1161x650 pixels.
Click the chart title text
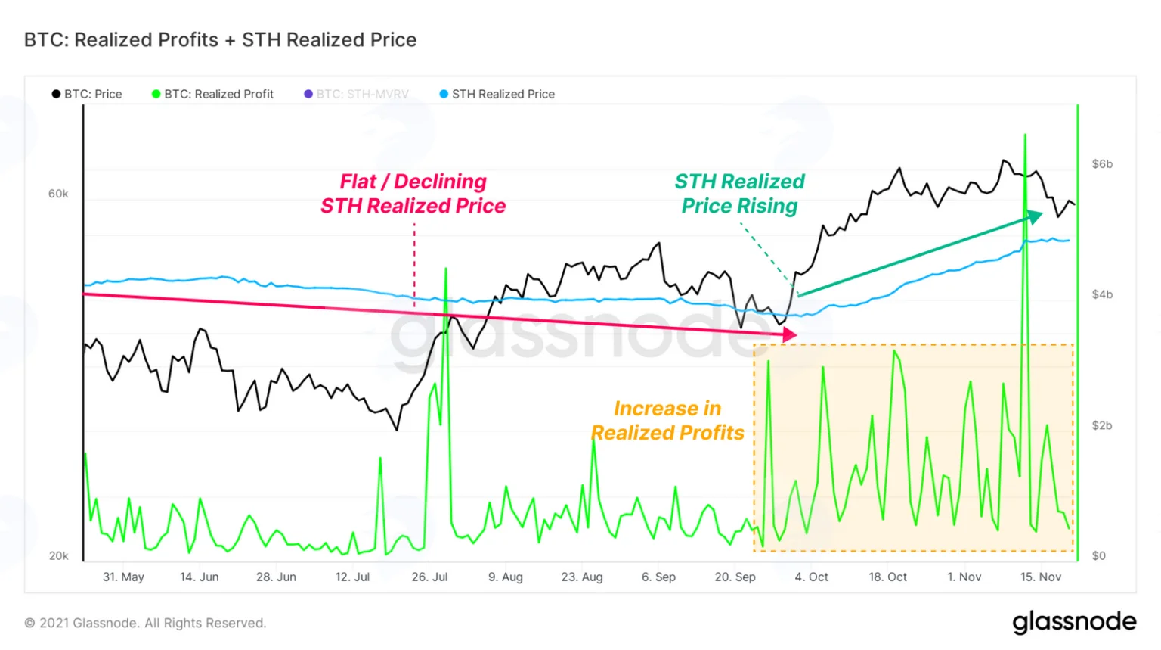pyautogui.click(x=220, y=40)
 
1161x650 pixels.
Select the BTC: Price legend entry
pyautogui.click(x=87, y=94)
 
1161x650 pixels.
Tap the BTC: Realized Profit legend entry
pyautogui.click(x=212, y=94)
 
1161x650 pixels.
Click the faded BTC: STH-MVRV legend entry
pyautogui.click(x=356, y=94)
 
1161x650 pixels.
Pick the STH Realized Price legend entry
pyautogui.click(x=497, y=94)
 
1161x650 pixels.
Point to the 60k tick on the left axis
pyautogui.click(x=58, y=194)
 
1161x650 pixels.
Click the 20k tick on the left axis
pyautogui.click(x=58, y=555)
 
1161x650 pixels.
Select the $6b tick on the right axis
pyautogui.click(x=1102, y=164)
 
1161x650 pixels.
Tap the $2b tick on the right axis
pyautogui.click(x=1102, y=425)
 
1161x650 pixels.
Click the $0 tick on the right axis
pyautogui.click(x=1099, y=555)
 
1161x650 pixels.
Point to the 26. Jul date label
pyautogui.click(x=429, y=577)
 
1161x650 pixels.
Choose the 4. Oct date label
pyautogui.click(x=812, y=577)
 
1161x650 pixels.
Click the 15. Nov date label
pyautogui.click(x=1041, y=577)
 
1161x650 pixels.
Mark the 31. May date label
pyautogui.click(x=123, y=577)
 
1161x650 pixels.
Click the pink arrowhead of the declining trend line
pyautogui.click(x=790, y=334)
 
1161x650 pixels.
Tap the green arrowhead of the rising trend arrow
pyautogui.click(x=1035, y=216)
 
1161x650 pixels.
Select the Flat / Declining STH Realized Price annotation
pyautogui.click(x=413, y=194)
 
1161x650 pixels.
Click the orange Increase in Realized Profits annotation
pyautogui.click(x=667, y=420)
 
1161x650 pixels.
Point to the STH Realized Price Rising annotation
pyautogui.click(x=740, y=194)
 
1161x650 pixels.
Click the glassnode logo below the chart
pyautogui.click(x=1074, y=623)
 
